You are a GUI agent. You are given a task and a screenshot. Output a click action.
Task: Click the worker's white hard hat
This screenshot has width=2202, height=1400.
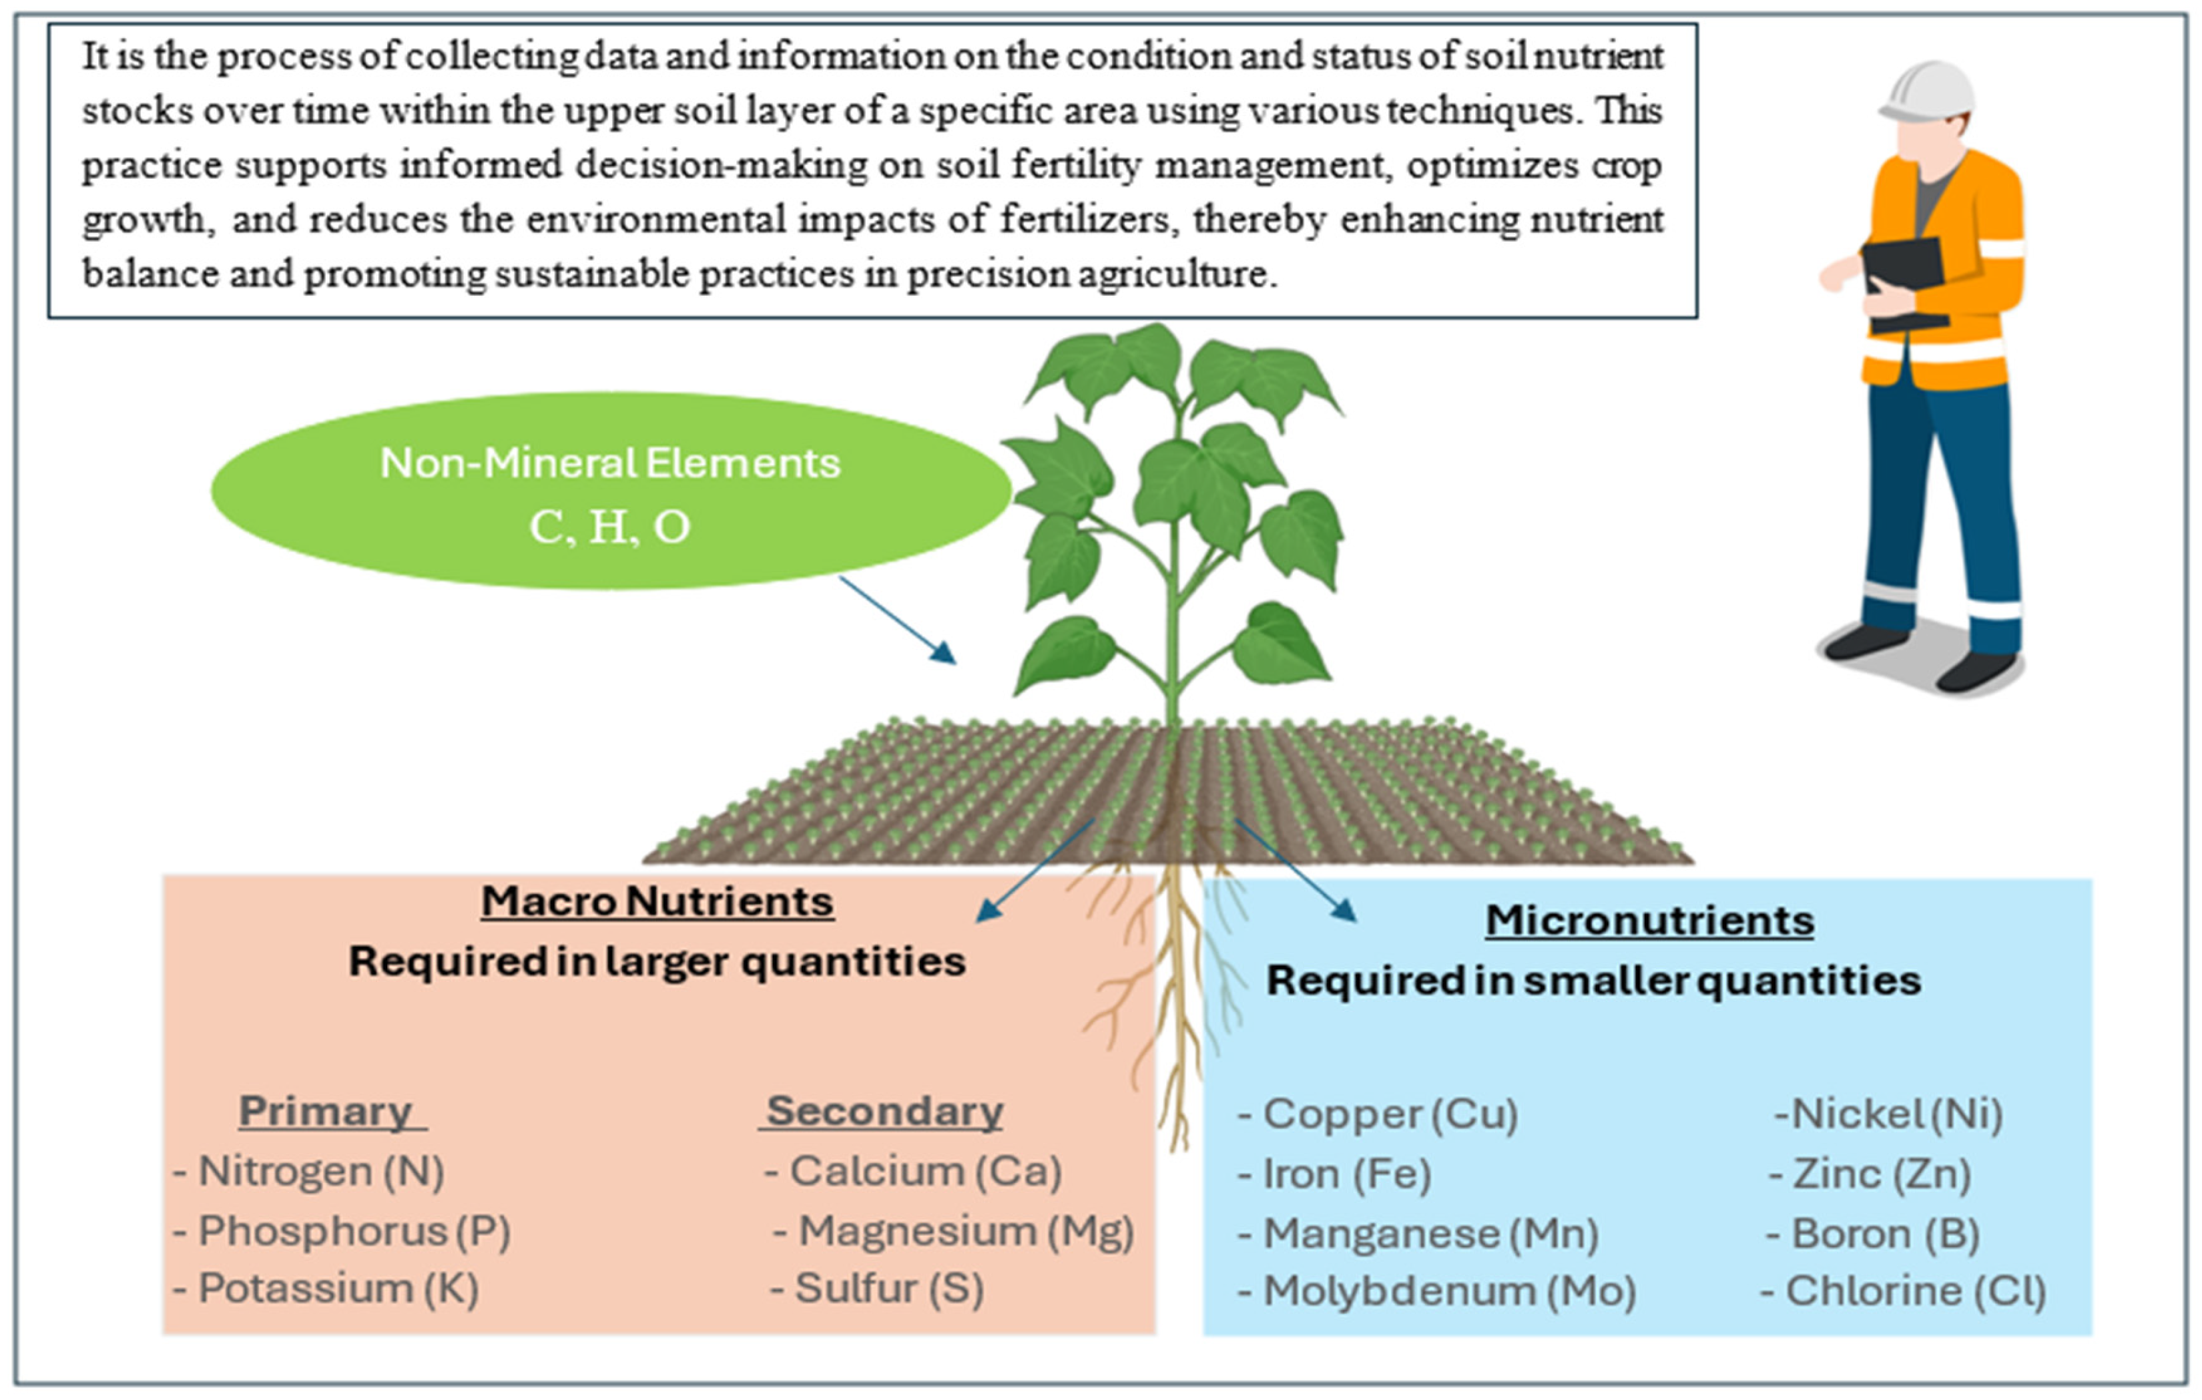[x=1928, y=91]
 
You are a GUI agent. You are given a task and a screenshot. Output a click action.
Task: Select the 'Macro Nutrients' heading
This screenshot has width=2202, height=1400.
[x=657, y=902]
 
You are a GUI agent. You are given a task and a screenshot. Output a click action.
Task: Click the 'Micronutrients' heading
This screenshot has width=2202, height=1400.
[x=1649, y=920]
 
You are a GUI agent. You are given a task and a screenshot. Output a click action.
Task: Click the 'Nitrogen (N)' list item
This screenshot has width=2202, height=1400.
[x=311, y=1172]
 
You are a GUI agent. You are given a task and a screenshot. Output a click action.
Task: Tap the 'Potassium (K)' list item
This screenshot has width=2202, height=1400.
[x=327, y=1289]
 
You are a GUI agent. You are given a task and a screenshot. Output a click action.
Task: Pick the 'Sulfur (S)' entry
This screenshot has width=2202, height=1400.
[x=878, y=1289]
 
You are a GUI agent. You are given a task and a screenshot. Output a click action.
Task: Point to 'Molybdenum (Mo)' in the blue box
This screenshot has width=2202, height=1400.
[x=1438, y=1291]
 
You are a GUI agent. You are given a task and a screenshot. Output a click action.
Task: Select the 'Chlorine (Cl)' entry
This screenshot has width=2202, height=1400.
[x=1904, y=1291]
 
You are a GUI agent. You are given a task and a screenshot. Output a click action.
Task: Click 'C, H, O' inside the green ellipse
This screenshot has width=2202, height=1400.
[x=610, y=527]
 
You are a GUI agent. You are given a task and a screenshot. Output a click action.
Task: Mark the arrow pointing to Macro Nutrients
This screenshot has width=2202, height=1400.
[x=1035, y=871]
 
